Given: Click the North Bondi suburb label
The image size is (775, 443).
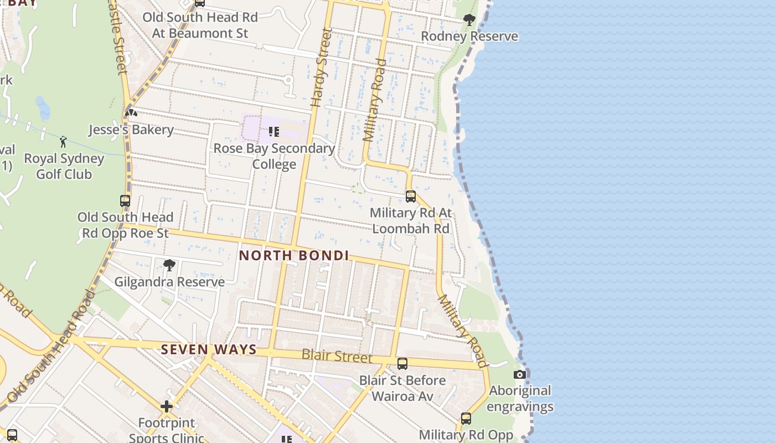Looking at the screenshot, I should pyautogui.click(x=294, y=256).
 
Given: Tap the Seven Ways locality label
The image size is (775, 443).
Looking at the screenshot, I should pyautogui.click(x=209, y=349).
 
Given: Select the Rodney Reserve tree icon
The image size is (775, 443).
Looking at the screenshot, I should pyautogui.click(x=469, y=20).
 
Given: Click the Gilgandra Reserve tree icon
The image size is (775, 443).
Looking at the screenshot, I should pyautogui.click(x=169, y=265).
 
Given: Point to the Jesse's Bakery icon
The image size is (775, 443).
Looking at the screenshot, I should pyautogui.click(x=131, y=114).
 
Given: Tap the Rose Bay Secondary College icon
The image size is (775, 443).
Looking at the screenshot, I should pyautogui.click(x=273, y=132).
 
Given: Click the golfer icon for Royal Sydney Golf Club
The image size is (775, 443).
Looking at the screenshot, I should pyautogui.click(x=63, y=142).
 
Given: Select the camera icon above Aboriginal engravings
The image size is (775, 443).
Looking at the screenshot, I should pyautogui.click(x=519, y=374).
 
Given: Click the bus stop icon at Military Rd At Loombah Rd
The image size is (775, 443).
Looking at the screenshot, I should pyautogui.click(x=410, y=197).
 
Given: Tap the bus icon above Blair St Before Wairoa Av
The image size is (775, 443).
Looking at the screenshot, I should pyautogui.click(x=402, y=364).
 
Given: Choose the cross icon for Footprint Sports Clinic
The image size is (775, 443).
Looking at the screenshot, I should pyautogui.click(x=167, y=407).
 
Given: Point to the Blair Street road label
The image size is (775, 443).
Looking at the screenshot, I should pyautogui.click(x=337, y=356).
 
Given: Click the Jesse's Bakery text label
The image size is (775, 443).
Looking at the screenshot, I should pyautogui.click(x=131, y=130).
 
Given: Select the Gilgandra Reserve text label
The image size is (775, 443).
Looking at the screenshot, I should pyautogui.click(x=169, y=282).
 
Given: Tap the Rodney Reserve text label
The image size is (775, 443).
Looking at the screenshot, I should pyautogui.click(x=469, y=37).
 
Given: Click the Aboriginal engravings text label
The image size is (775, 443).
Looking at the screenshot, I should pyautogui.click(x=520, y=399).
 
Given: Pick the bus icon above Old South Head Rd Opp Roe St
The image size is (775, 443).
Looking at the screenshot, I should pyautogui.click(x=125, y=201).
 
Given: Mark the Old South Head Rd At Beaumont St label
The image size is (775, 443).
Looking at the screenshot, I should pyautogui.click(x=200, y=25).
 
